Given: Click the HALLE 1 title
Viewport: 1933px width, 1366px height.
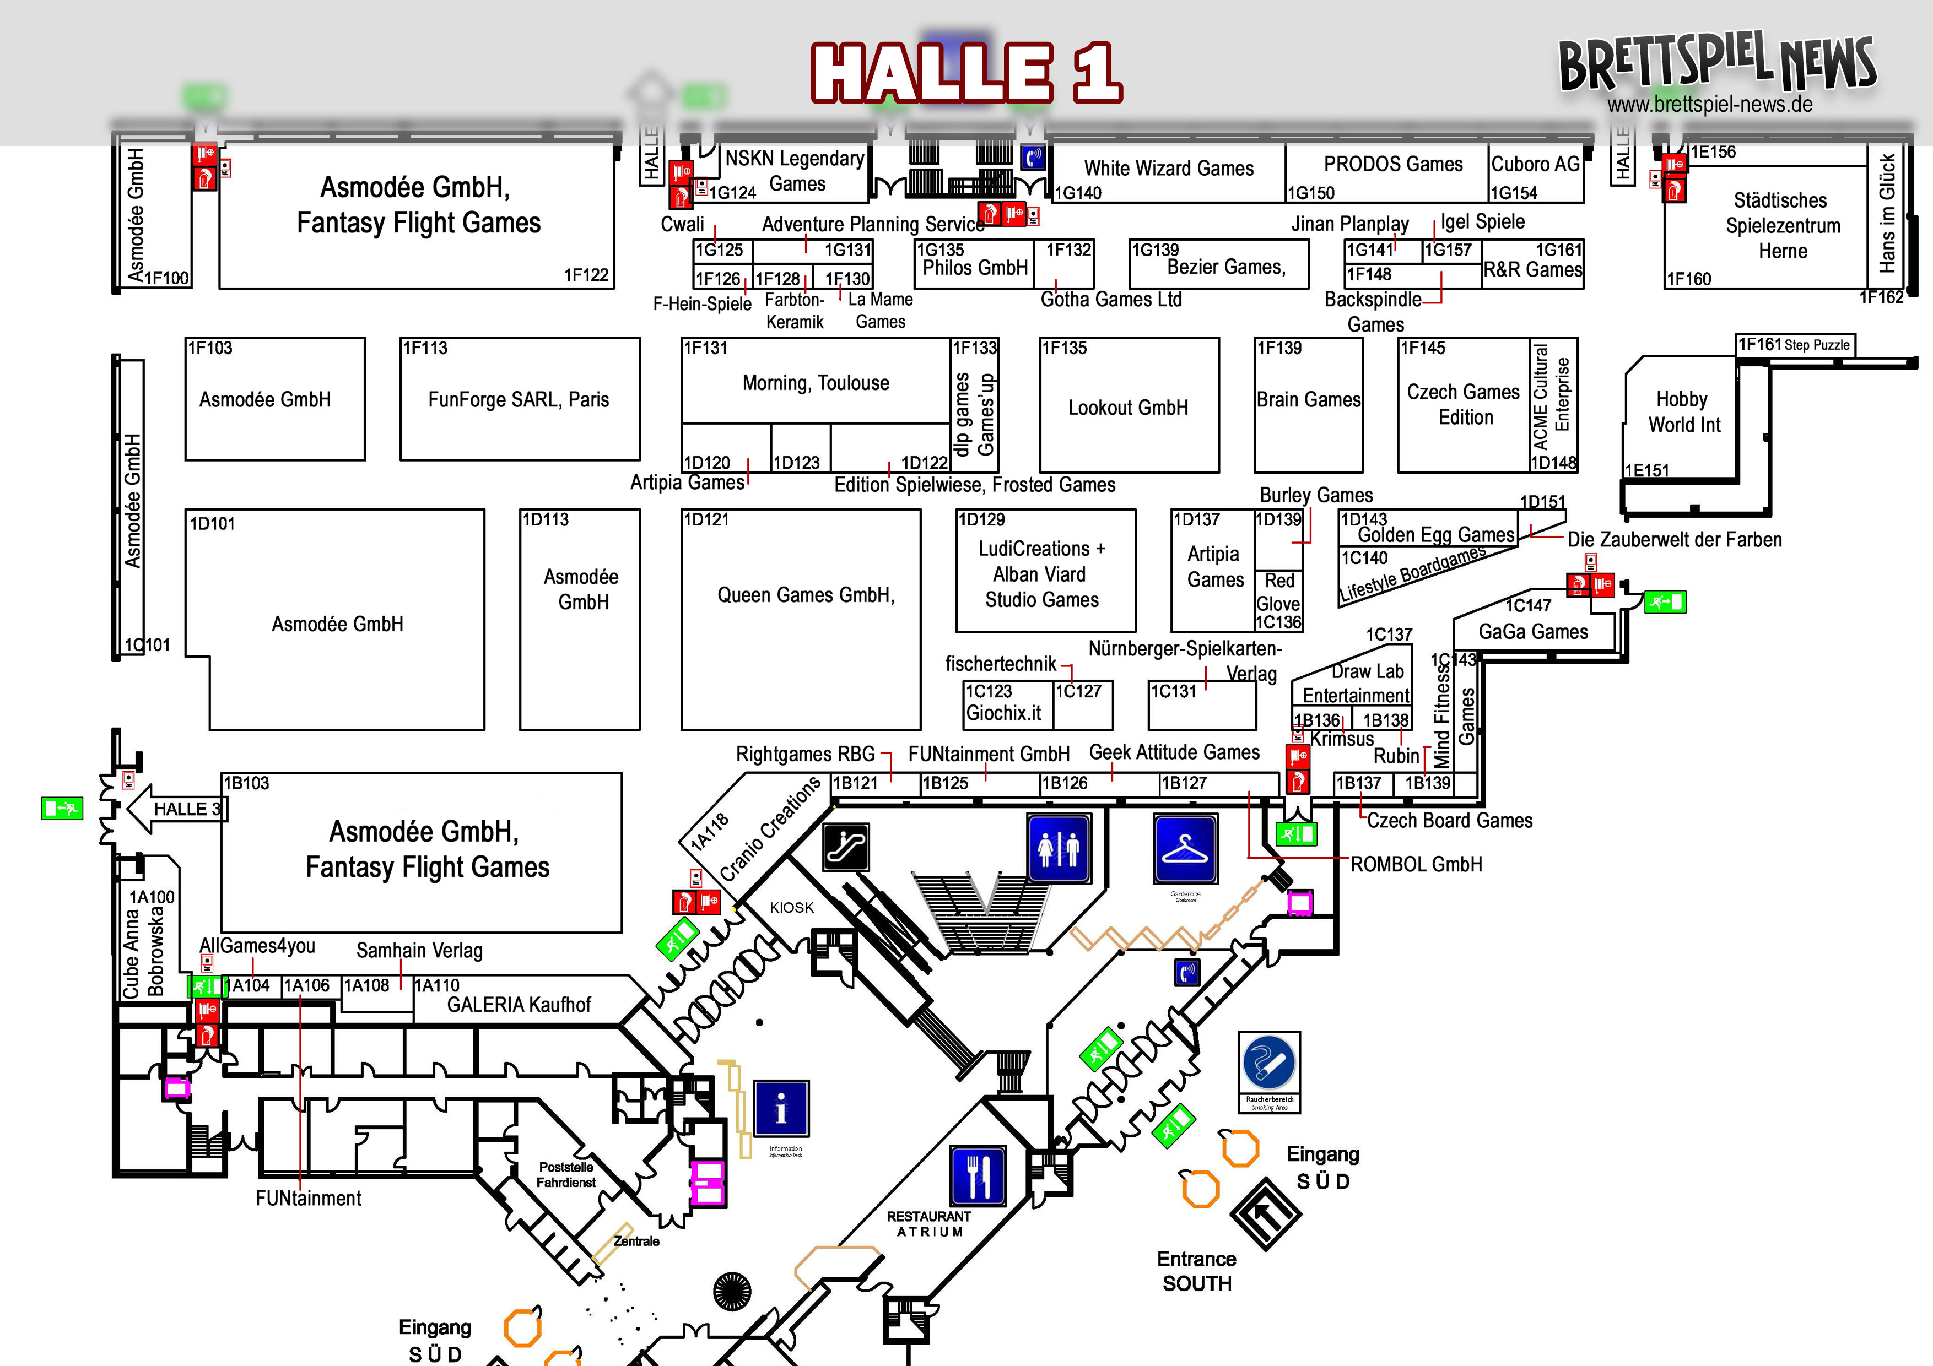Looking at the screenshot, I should pyautogui.click(x=966, y=73).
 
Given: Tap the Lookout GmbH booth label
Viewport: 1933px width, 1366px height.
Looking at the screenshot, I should pyautogui.click(x=1128, y=408).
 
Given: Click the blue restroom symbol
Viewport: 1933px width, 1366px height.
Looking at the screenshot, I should pyautogui.click(x=1059, y=848).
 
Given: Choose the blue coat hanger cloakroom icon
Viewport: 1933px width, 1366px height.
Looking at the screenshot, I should pyautogui.click(x=1185, y=848).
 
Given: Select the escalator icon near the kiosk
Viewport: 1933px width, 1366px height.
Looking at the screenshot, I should pyautogui.click(x=846, y=847).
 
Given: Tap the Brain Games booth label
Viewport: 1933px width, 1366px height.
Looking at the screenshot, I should pyautogui.click(x=1308, y=400).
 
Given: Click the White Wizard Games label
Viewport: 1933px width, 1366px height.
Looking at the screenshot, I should pyautogui.click(x=1169, y=169).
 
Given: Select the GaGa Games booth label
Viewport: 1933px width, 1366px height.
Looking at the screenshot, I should pyautogui.click(x=1533, y=632).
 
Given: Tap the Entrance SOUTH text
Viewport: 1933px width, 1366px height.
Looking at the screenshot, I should pyautogui.click(x=1196, y=1271).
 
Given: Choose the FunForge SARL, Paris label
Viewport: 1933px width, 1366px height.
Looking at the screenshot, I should pyautogui.click(x=518, y=400).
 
